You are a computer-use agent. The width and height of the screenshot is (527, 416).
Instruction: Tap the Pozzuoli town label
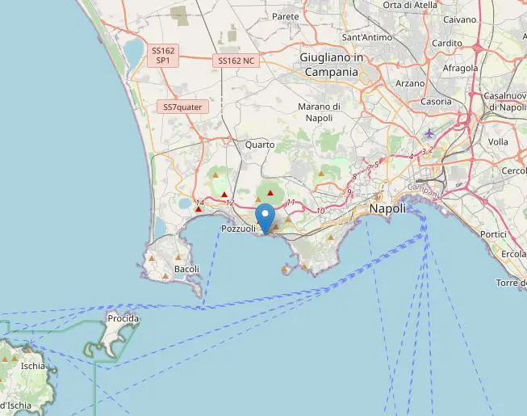pyautogui.click(x=238, y=229)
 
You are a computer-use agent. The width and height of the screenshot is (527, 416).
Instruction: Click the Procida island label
pyautogui.click(x=123, y=318)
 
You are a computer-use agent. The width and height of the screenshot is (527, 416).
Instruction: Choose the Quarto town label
pyautogui.click(x=260, y=145)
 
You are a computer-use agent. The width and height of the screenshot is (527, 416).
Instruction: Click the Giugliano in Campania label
pyautogui.click(x=330, y=65)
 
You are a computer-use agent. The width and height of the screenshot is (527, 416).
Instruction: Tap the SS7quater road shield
pyautogui.click(x=182, y=107)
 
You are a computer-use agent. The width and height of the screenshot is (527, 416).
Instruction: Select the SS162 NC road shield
pyautogui.click(x=236, y=61)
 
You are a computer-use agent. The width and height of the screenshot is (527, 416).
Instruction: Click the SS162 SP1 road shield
pyautogui.click(x=164, y=55)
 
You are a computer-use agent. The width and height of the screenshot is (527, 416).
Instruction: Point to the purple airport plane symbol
pyautogui.click(x=429, y=133)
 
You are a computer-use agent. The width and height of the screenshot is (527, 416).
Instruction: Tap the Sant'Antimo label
pyautogui.click(x=366, y=37)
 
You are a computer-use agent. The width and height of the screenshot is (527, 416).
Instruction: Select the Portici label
pyautogui.click(x=493, y=233)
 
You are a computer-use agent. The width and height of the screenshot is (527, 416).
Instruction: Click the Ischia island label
pyautogui.click(x=33, y=366)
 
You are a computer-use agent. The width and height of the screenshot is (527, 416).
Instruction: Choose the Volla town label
pyautogui.click(x=498, y=141)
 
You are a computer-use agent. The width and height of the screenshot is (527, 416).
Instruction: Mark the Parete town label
pyautogui.click(x=286, y=16)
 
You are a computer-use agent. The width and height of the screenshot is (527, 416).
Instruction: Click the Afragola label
pyautogui.click(x=460, y=68)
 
